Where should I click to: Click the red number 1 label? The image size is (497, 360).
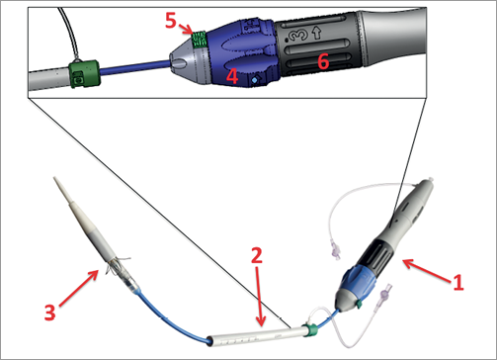tap(456, 280)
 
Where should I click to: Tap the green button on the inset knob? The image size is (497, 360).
tap(199, 40)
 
